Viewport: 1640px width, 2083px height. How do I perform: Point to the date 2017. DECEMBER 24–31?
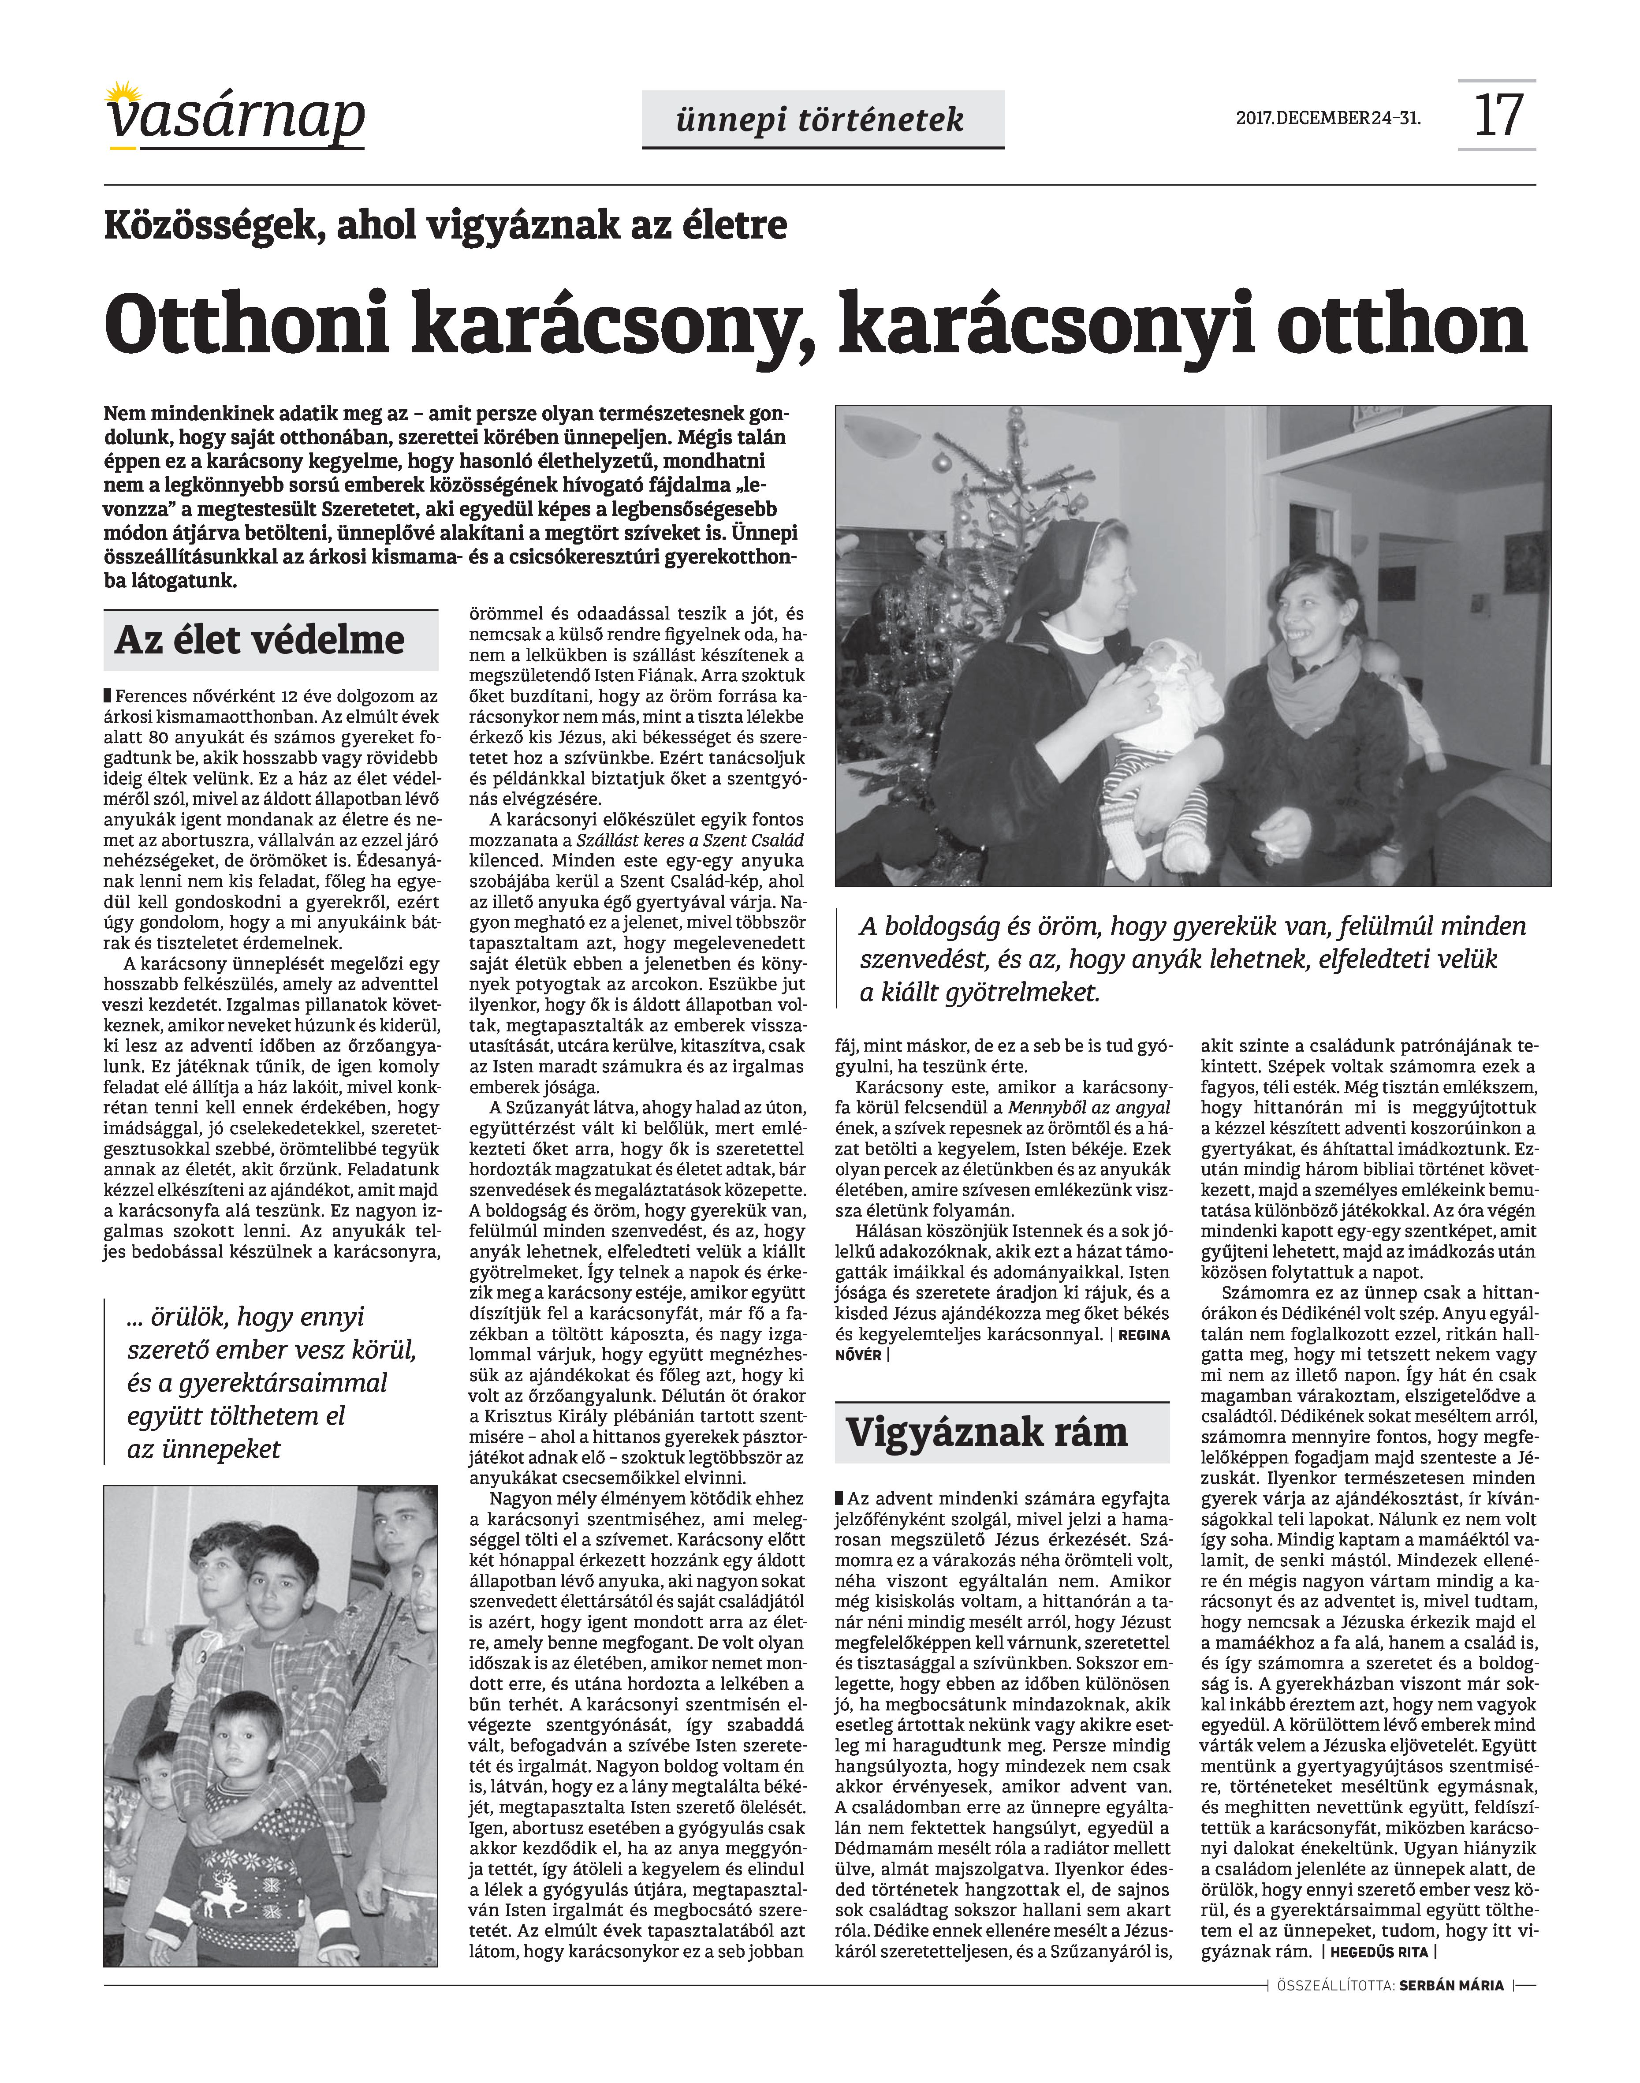1328,119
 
